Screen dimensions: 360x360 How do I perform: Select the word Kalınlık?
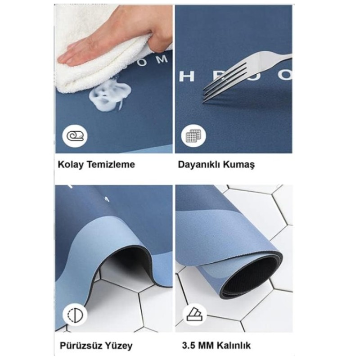pyautogui.click(x=232, y=346)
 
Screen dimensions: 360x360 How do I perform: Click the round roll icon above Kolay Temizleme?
pyautogui.click(x=75, y=135)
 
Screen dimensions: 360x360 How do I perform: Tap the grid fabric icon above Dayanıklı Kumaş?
pyautogui.click(x=193, y=135)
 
